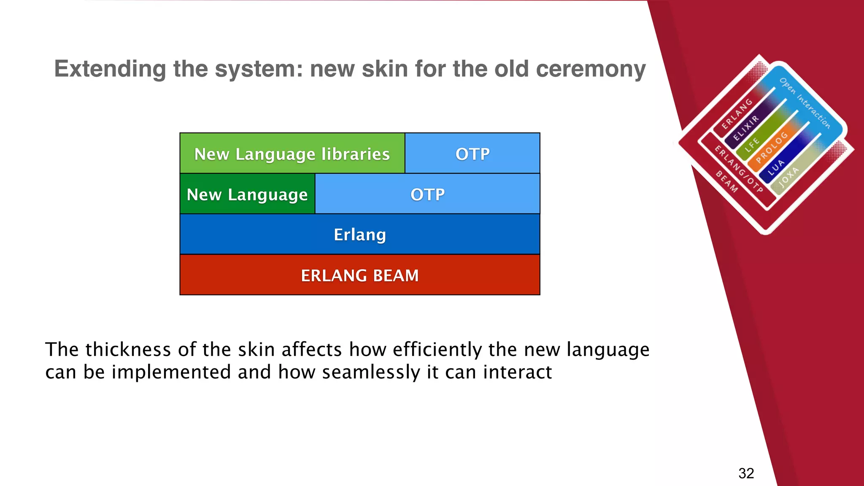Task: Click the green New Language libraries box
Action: point(292,154)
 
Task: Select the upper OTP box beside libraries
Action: point(472,154)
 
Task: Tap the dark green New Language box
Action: point(247,194)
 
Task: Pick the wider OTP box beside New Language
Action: point(427,194)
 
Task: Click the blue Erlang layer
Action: point(359,235)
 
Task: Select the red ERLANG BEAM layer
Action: point(359,275)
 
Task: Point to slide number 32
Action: point(746,473)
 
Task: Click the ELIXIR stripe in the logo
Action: point(746,128)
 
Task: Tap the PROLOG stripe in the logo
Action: point(772,147)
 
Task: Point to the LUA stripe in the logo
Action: point(776,167)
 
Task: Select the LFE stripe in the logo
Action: point(752,144)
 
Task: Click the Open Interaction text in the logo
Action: point(805,103)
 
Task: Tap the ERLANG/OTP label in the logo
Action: point(738,169)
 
